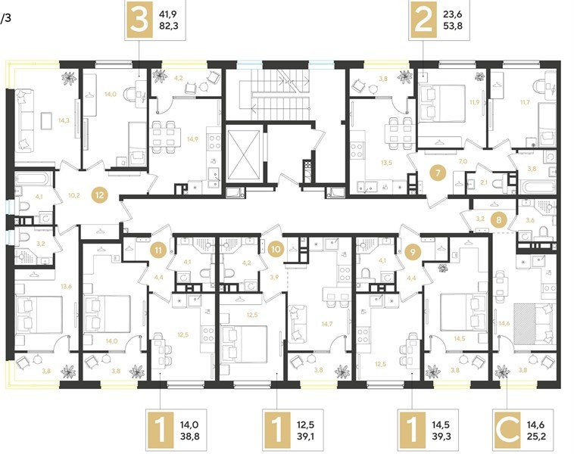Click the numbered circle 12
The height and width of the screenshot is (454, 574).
click(99, 194)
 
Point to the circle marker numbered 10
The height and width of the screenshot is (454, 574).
click(276, 247)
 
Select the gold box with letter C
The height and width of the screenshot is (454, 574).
click(504, 428)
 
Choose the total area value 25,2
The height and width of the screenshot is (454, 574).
click(534, 436)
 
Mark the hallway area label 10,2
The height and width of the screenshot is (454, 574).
click(74, 194)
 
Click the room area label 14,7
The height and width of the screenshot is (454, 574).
click(327, 324)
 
